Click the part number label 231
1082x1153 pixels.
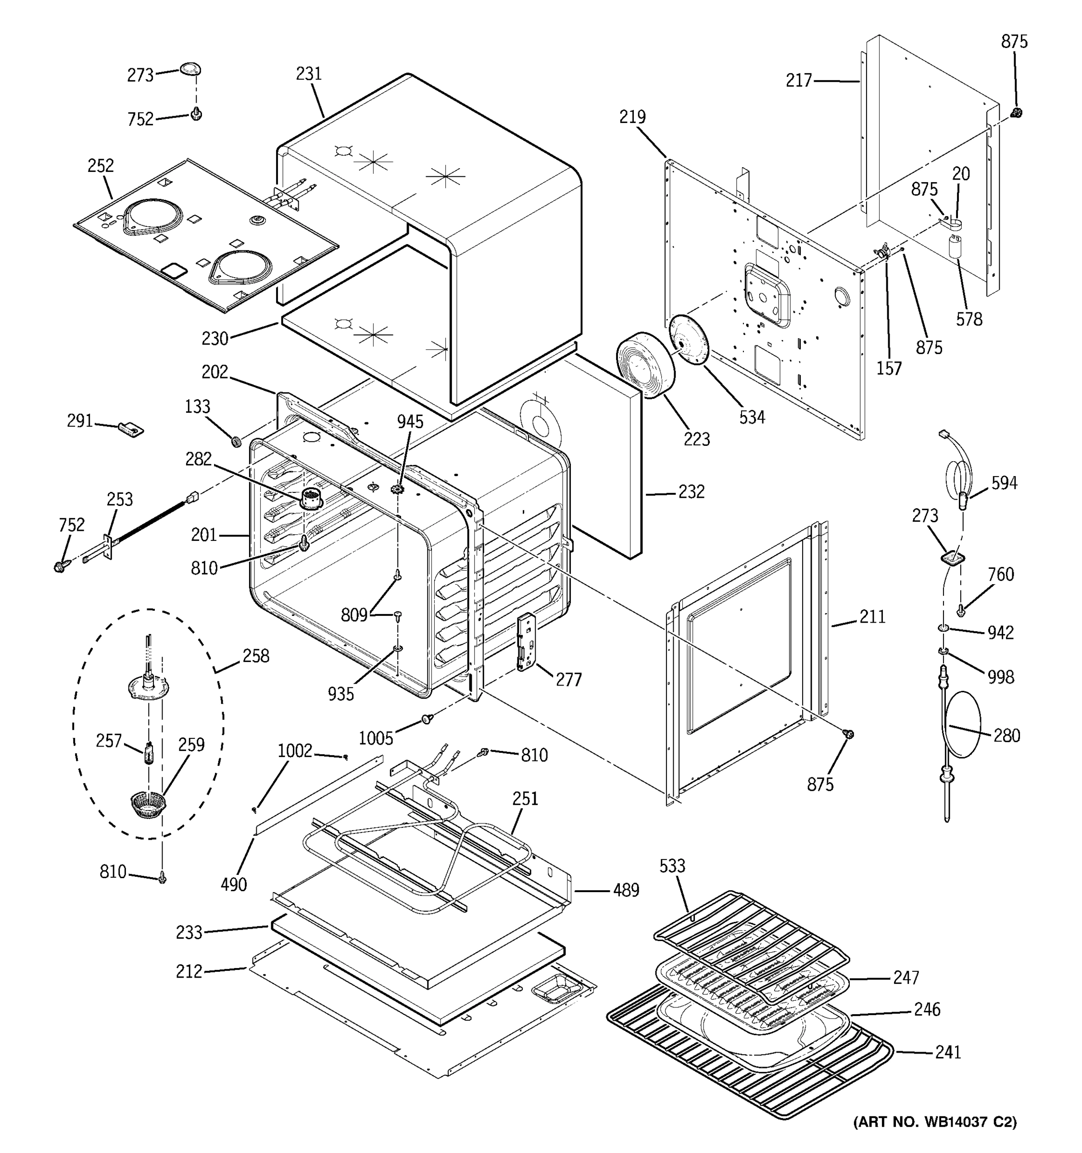point(308,74)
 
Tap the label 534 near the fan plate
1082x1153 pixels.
point(752,417)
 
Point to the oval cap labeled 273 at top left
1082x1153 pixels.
point(190,68)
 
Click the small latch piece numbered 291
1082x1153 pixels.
point(131,429)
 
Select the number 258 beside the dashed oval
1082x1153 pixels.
point(255,656)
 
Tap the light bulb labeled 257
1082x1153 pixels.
point(149,754)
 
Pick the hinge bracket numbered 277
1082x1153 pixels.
point(526,643)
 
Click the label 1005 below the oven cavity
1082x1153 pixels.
point(376,738)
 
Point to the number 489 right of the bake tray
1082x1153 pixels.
point(626,890)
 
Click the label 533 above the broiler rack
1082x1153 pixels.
point(672,865)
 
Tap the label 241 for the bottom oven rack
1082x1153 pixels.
point(947,1052)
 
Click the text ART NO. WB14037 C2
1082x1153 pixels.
point(934,1122)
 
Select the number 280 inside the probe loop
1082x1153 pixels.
point(1007,735)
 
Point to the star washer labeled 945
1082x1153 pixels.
point(398,491)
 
